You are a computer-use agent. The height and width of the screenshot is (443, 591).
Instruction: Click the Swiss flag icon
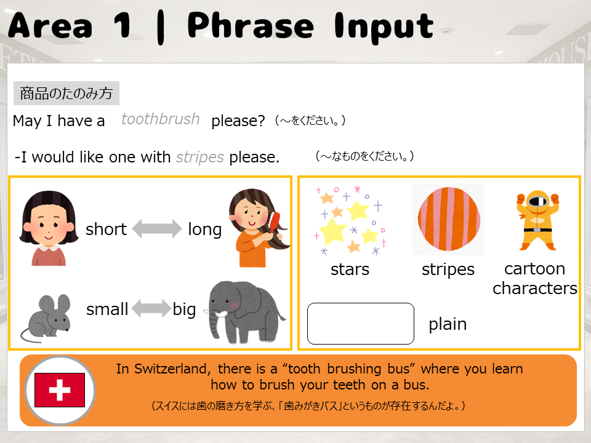[60, 390]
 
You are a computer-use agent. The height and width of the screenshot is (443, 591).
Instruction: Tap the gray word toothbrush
[160, 119]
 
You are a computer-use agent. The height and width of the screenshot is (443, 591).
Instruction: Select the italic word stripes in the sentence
[199, 158]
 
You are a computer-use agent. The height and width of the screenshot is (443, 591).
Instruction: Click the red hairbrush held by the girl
[275, 223]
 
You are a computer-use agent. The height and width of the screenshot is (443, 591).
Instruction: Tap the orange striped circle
[449, 219]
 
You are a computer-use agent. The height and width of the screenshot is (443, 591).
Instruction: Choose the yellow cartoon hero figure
[537, 220]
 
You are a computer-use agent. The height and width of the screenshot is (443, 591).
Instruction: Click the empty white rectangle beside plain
[361, 324]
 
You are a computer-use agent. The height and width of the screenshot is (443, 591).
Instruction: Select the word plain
[448, 324]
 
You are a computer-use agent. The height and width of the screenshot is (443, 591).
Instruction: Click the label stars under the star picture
[350, 269]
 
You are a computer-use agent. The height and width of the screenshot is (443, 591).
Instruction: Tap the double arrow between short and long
[157, 229]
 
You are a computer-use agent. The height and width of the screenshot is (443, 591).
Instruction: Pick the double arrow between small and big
[151, 308]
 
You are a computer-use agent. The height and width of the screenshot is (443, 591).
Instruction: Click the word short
[106, 229]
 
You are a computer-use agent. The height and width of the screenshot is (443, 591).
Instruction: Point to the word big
[184, 309]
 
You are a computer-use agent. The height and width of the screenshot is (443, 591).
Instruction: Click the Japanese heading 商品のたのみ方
[66, 93]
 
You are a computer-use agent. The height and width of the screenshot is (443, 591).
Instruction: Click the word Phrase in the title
[251, 26]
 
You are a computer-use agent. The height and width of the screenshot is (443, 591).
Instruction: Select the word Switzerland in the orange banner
[170, 369]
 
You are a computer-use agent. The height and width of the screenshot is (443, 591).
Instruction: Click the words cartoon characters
[535, 278]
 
